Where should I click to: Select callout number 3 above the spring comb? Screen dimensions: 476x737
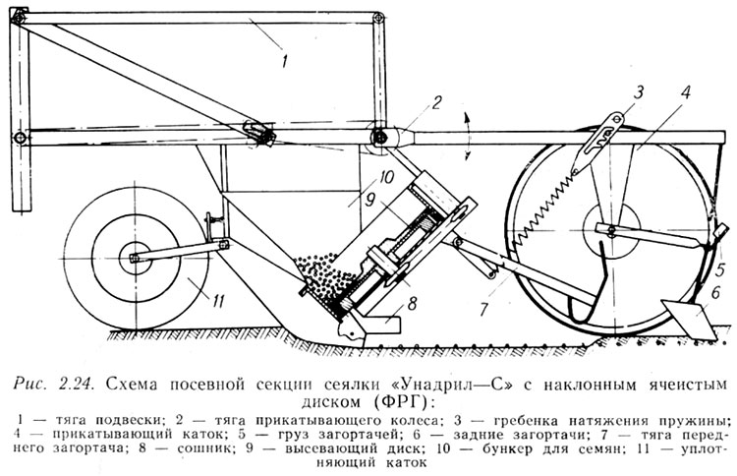coord(638,93)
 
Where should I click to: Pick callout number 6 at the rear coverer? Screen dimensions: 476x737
coord(715,292)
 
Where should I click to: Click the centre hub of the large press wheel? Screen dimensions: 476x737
coord(609,230)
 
